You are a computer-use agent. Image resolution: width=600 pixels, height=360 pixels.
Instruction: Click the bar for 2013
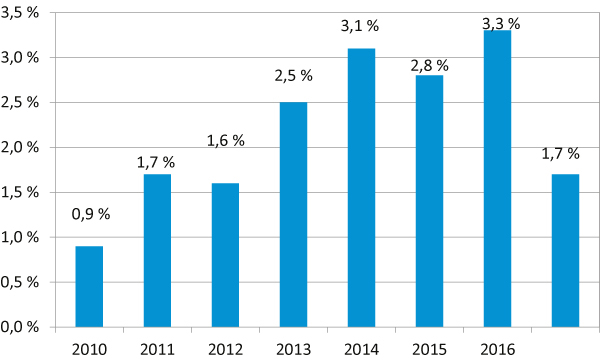(x=293, y=214)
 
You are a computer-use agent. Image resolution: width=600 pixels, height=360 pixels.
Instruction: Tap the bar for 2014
(x=361, y=187)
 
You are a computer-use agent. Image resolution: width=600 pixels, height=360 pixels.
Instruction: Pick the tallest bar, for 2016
(x=497, y=178)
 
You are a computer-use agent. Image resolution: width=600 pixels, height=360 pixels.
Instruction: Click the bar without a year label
(x=565, y=250)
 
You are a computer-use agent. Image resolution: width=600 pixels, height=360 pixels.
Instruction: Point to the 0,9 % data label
(x=89, y=213)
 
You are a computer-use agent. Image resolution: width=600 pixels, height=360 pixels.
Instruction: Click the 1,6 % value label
(x=225, y=141)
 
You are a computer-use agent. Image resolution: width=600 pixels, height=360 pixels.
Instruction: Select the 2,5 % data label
(x=293, y=78)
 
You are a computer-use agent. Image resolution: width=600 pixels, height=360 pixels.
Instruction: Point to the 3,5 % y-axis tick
(x=20, y=13)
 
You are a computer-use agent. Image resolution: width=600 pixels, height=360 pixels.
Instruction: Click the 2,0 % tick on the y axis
(x=20, y=147)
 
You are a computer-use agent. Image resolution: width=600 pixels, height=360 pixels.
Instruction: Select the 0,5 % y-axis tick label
(x=20, y=282)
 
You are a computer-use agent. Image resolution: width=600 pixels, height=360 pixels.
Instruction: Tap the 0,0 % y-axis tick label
(x=20, y=327)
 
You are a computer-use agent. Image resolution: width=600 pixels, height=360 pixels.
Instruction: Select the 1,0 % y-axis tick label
(x=20, y=237)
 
